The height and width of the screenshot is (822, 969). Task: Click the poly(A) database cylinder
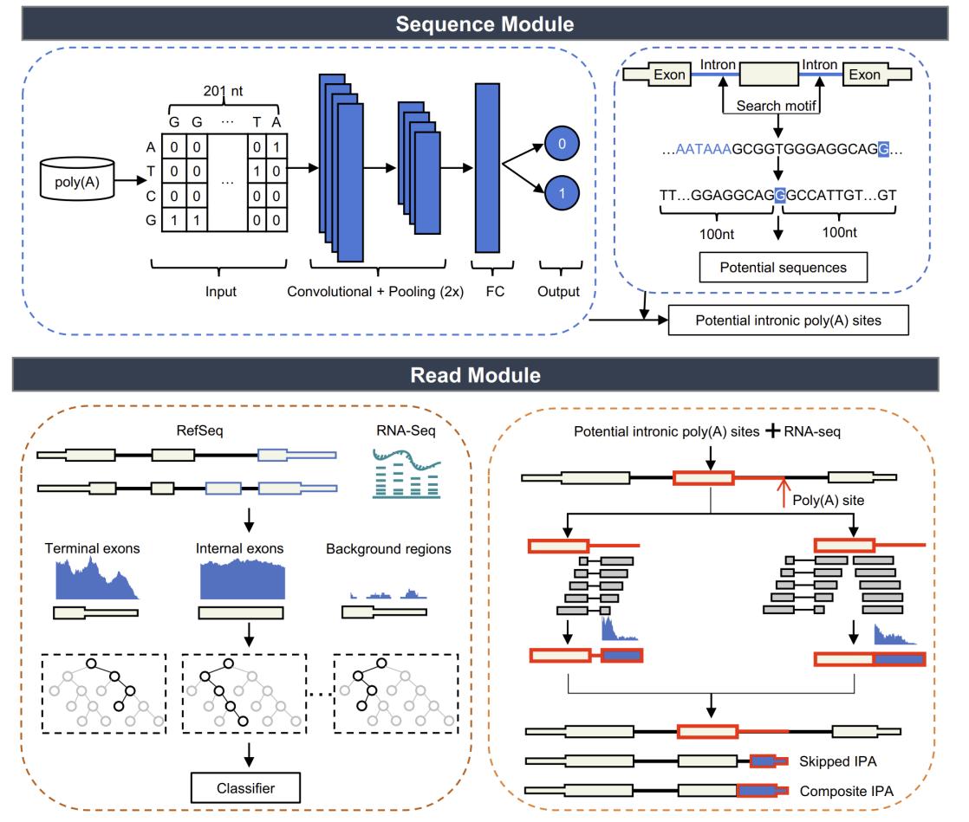(77, 178)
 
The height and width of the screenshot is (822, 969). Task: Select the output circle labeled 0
(562, 144)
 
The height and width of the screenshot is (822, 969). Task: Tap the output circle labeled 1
(562, 193)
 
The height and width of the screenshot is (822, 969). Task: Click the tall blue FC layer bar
(487, 168)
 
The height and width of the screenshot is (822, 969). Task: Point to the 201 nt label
(223, 92)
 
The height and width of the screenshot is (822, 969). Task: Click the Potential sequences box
(783, 268)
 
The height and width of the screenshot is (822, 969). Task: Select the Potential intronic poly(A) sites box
(788, 320)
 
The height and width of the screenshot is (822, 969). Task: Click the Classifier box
(245, 788)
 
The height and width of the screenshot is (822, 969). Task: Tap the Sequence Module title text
(485, 24)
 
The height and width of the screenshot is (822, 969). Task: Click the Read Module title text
(475, 375)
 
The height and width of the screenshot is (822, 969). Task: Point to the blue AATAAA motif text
(703, 149)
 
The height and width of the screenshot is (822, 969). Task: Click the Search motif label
(777, 106)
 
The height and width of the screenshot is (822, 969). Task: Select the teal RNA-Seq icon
(406, 474)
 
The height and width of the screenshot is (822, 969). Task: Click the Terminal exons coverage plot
(97, 579)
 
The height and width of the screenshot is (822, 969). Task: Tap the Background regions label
(388, 549)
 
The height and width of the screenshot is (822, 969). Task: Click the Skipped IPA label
(837, 761)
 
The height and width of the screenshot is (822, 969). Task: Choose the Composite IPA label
(846, 791)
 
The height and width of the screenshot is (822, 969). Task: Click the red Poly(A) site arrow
(784, 492)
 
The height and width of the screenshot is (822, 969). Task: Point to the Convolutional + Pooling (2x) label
(375, 292)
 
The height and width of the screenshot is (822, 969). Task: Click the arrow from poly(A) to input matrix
(130, 180)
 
